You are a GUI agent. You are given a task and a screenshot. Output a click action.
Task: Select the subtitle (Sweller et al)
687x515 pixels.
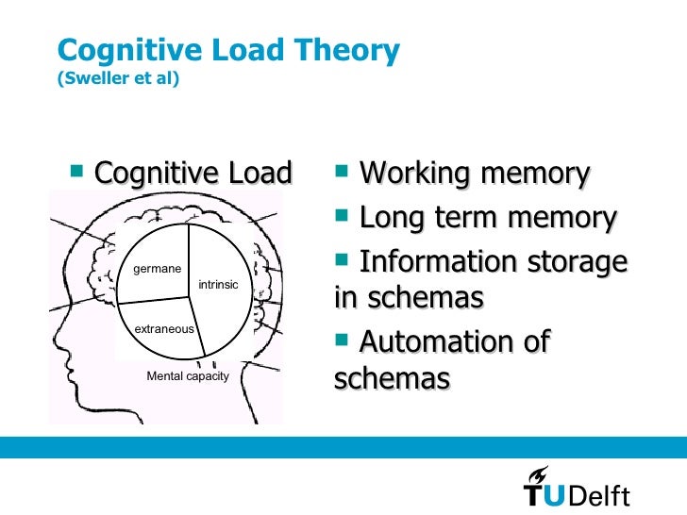[119, 78]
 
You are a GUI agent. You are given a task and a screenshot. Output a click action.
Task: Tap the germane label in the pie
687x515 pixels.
[157, 269]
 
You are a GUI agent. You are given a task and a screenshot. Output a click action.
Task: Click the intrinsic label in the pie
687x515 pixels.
[218, 284]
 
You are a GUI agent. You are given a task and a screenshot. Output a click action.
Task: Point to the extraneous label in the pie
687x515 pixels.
[164, 329]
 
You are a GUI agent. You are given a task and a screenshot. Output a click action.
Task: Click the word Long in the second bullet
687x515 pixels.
[392, 218]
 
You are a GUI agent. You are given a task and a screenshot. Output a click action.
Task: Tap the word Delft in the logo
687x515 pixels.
[597, 496]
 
